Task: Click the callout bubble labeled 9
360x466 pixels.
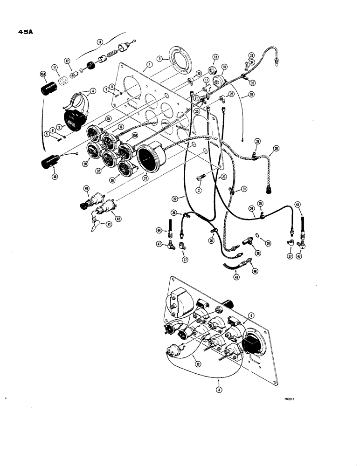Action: click(159, 59)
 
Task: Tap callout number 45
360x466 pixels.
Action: click(297, 204)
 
